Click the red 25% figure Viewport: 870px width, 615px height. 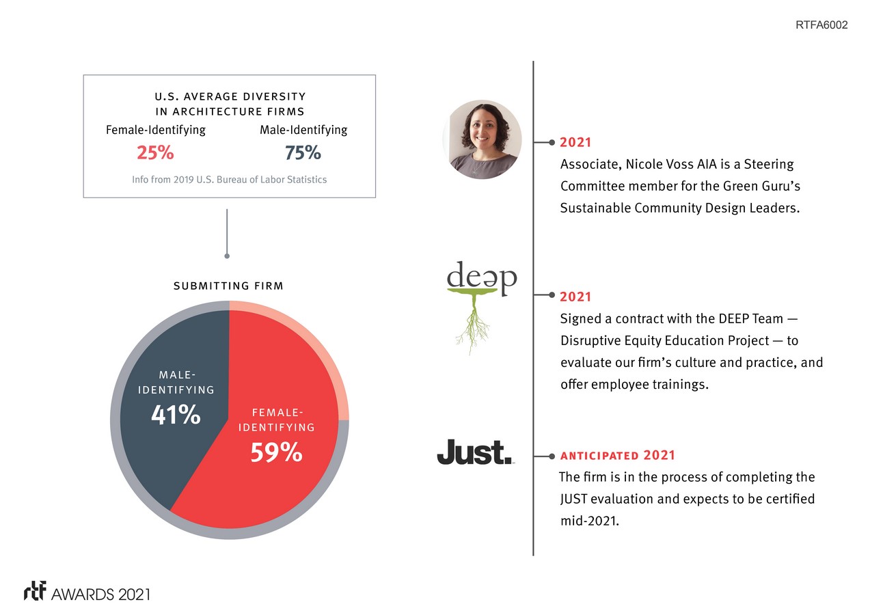pos(155,153)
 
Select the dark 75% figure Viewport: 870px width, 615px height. pos(303,153)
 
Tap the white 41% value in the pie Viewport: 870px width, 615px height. pos(176,414)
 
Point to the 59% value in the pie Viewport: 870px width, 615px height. pos(276,452)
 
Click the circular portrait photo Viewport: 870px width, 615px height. pos(482,139)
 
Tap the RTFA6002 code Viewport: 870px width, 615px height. pos(821,25)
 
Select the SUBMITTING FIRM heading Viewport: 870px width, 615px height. pos(228,286)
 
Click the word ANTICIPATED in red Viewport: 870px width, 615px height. pos(599,456)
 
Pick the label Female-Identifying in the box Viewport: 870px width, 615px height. pos(155,130)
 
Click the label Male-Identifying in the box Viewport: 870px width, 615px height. pos(303,130)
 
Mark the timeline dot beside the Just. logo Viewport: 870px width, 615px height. pos(551,456)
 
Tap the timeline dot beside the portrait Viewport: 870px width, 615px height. pos(551,143)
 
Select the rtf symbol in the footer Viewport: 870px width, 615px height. pos(35,592)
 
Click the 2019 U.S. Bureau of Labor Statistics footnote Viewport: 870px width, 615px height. pos(229,180)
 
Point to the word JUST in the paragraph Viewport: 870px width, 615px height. pos(573,499)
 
